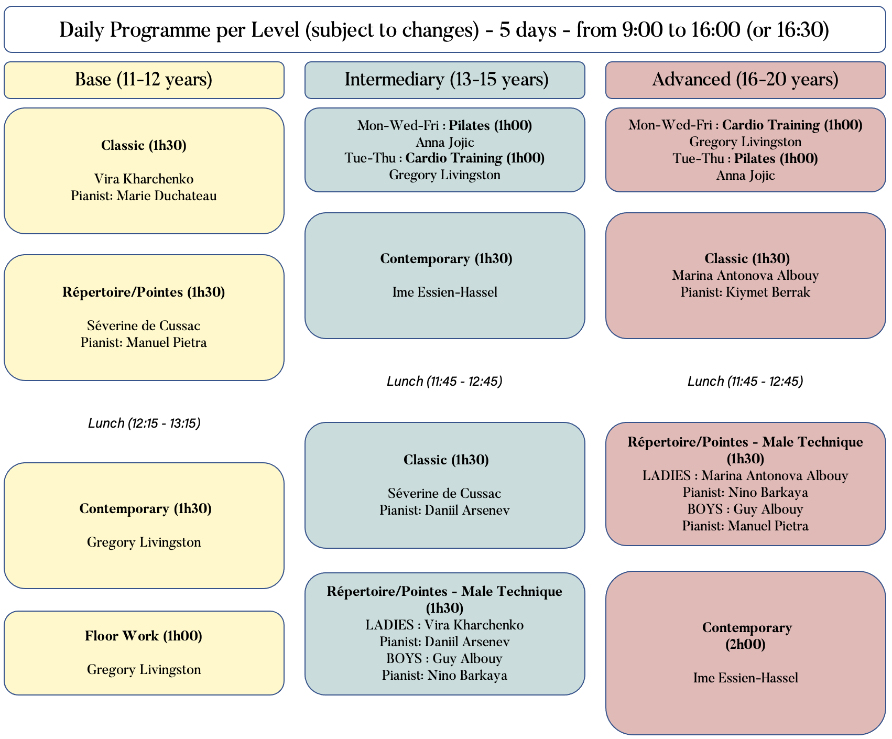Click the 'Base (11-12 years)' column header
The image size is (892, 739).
144,80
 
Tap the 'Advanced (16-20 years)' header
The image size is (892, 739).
746,80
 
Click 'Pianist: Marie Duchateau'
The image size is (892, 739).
144,196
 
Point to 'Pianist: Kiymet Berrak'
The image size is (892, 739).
746,292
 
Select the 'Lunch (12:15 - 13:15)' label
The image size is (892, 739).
144,423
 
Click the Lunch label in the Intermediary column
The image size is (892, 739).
445,381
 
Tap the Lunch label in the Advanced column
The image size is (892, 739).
746,381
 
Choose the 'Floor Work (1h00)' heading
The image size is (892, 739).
144,636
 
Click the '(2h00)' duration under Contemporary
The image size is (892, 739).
746,645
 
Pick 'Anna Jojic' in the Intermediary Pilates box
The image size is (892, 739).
445,142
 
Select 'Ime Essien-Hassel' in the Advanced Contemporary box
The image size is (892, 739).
746,678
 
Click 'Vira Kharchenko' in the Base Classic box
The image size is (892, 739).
144,179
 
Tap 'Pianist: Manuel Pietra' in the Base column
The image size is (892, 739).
144,343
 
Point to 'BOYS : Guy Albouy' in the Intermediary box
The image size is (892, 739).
444,659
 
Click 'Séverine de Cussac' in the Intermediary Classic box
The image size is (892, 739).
445,494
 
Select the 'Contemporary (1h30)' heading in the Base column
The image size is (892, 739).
146,509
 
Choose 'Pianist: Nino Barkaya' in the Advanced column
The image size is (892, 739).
746,493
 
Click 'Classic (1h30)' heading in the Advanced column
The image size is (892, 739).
747,258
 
